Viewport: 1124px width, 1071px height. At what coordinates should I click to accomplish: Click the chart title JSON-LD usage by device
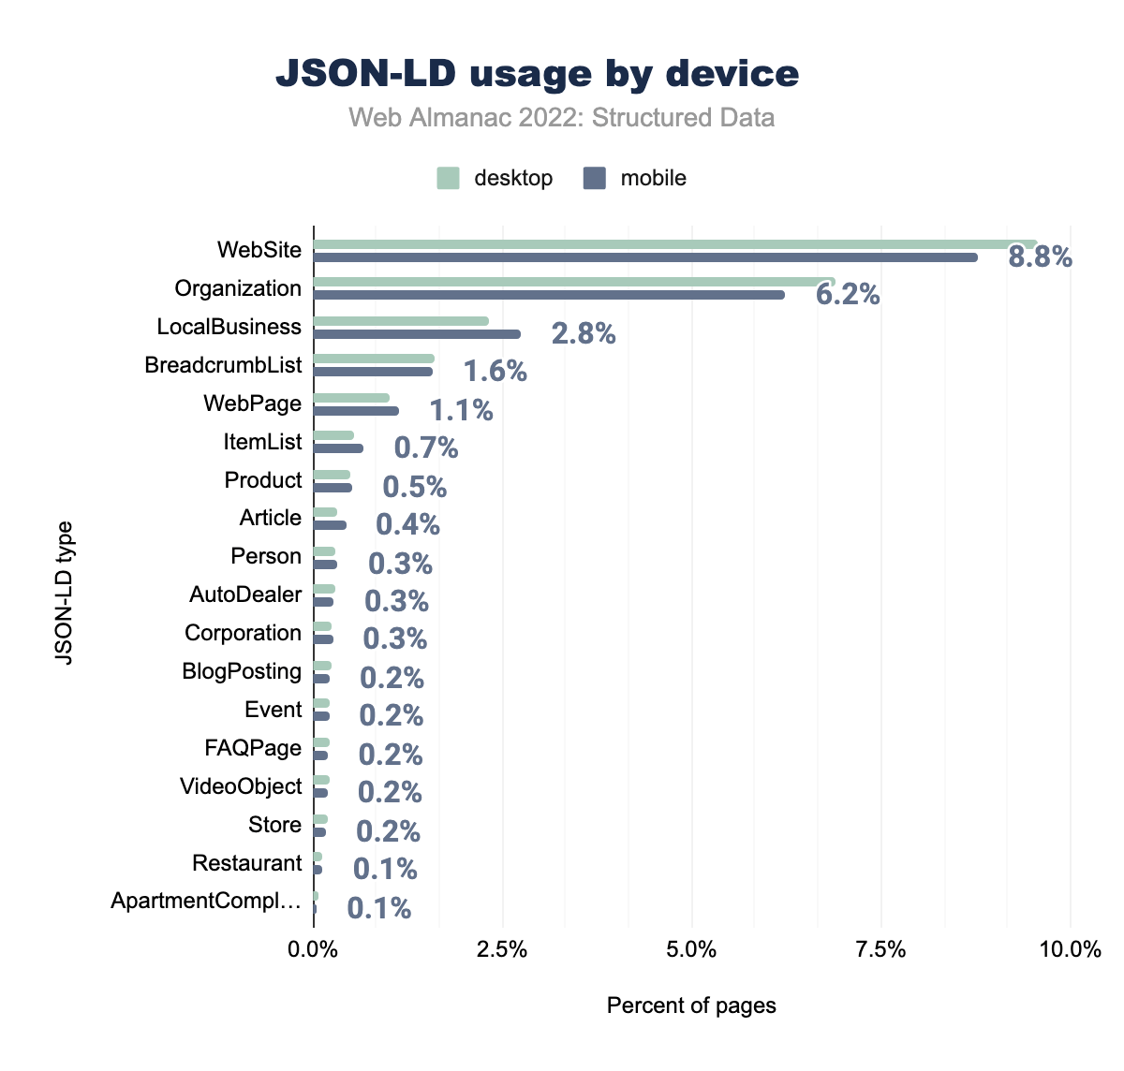coord(537,74)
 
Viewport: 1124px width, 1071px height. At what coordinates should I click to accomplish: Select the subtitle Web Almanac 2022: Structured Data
coord(561,118)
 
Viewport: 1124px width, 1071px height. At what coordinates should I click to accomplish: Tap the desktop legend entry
coord(495,178)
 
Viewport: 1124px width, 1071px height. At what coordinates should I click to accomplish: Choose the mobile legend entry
coord(635,178)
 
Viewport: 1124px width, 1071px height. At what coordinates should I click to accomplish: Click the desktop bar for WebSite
coord(674,244)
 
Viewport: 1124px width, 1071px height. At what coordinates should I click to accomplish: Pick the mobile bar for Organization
coord(549,295)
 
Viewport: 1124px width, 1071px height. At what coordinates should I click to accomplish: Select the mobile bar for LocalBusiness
coord(417,333)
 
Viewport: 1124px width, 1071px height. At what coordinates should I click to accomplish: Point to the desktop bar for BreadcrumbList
coord(374,359)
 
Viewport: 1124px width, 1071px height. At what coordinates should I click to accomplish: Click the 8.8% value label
coord(1040,257)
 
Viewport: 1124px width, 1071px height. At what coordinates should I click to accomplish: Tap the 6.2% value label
coord(848,295)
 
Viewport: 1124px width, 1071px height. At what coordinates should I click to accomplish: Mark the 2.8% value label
coord(584,333)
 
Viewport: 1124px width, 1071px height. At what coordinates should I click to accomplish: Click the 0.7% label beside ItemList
coord(426,448)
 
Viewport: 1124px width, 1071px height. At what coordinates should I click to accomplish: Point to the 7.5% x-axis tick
coord(881,950)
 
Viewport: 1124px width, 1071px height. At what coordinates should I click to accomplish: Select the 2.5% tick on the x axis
coord(503,950)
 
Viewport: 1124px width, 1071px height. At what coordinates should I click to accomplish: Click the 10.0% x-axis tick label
coord(1071,950)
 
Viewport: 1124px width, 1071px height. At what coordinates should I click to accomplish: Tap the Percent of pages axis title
coord(691,1005)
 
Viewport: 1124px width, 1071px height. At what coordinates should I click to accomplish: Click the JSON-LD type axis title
coord(63,593)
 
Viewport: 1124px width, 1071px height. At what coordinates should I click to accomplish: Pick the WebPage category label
coord(253,403)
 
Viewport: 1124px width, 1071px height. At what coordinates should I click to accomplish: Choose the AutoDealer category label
coord(245,594)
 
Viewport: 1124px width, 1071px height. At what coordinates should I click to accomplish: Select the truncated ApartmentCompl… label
coord(206,902)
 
